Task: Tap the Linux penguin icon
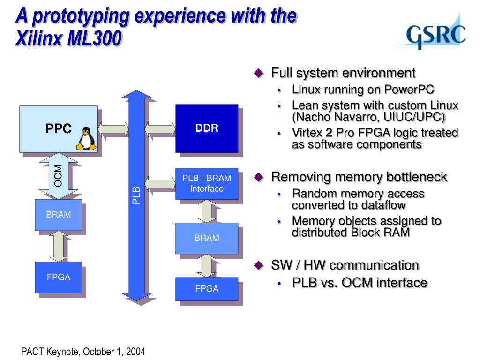click(86, 139)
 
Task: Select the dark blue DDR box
click(207, 128)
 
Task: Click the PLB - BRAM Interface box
click(207, 184)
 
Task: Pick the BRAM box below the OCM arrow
click(59, 215)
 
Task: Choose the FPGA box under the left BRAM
click(59, 277)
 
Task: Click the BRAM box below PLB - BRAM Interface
click(207, 238)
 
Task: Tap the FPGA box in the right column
click(207, 289)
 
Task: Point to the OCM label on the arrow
click(58, 176)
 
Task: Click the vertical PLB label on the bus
click(136, 195)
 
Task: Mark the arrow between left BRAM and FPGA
click(59, 246)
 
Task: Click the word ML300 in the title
click(95, 38)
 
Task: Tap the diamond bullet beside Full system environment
click(259, 73)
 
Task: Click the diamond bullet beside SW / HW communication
click(259, 265)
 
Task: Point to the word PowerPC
click(409, 90)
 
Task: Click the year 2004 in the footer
click(135, 352)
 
